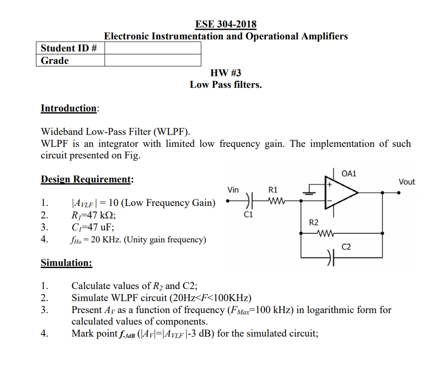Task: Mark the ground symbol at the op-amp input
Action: [310, 188]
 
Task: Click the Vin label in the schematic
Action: [233, 190]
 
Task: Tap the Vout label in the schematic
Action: [406, 181]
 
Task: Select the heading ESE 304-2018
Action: [226, 24]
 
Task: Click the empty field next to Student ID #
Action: [153, 48]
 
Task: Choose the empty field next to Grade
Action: [153, 60]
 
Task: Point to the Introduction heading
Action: [69, 108]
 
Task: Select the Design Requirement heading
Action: [86, 179]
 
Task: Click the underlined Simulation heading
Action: [66, 263]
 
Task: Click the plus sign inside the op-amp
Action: [330, 185]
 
